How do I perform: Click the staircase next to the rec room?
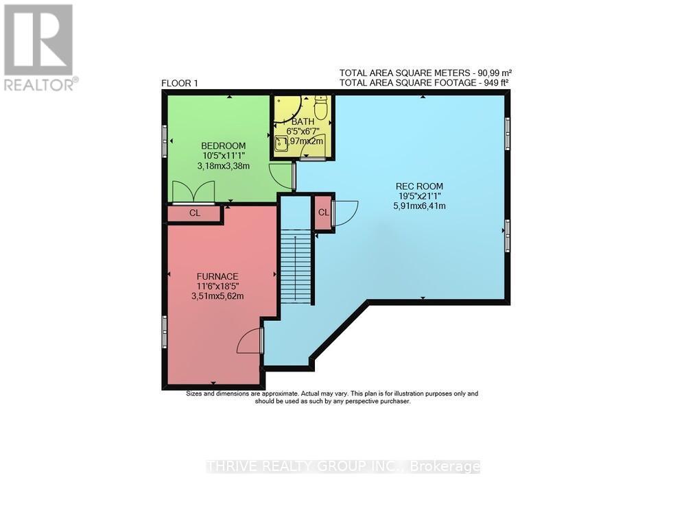(x=296, y=267)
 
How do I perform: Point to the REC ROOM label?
(x=419, y=186)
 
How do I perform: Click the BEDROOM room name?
(x=223, y=145)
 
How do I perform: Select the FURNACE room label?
(x=217, y=276)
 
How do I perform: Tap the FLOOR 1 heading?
(x=179, y=84)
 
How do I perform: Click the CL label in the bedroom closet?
(x=195, y=213)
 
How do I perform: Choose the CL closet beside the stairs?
(x=323, y=213)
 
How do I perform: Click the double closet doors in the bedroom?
(x=193, y=192)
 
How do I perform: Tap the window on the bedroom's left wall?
(x=165, y=141)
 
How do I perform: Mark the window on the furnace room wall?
(x=165, y=332)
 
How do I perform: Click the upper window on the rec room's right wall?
(x=508, y=134)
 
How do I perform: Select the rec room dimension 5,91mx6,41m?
(x=421, y=206)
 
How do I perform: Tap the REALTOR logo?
(x=39, y=47)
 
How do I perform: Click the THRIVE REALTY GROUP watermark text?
(x=343, y=467)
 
